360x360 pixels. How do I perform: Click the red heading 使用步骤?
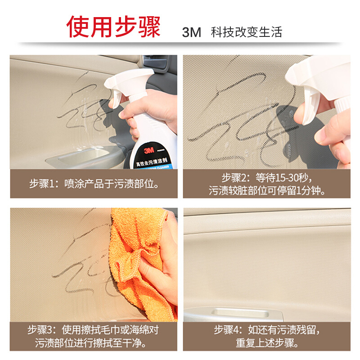(114, 27)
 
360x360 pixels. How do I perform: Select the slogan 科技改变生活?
(246, 32)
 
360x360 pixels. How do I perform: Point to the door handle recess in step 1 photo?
(83, 157)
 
